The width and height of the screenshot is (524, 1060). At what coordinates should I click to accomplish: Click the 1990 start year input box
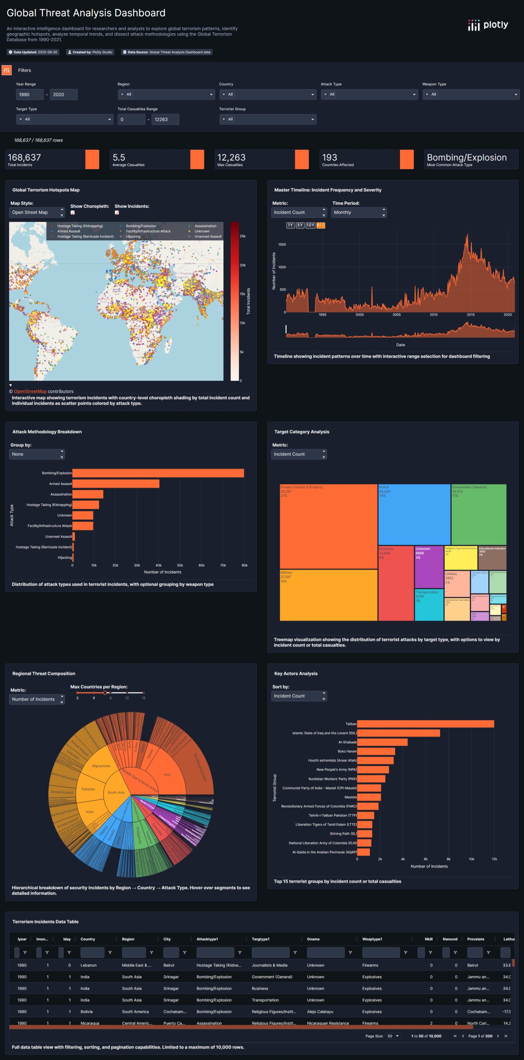click(x=29, y=95)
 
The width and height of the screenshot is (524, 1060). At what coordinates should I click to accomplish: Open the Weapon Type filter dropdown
click(x=471, y=95)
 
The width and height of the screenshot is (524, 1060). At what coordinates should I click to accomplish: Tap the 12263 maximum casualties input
click(x=165, y=119)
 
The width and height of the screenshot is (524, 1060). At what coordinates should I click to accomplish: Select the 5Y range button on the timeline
click(x=300, y=225)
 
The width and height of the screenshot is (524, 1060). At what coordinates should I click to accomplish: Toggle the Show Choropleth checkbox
click(x=72, y=213)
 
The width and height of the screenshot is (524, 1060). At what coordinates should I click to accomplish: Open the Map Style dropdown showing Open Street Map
click(x=37, y=212)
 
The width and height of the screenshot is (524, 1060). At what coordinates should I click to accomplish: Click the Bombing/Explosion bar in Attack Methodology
click(x=158, y=473)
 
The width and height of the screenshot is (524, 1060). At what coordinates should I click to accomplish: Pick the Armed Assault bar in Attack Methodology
click(x=115, y=484)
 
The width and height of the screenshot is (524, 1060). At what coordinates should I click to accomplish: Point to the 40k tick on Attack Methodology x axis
click(x=158, y=565)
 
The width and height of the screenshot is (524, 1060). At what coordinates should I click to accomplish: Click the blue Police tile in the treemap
click(x=414, y=514)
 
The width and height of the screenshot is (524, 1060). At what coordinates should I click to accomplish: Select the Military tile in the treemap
click(x=328, y=594)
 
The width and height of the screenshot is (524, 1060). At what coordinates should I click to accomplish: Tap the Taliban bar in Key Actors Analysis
click(x=425, y=724)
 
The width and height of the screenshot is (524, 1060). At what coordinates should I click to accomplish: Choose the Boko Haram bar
click(x=376, y=751)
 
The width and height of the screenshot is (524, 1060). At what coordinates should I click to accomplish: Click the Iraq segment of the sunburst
click(x=167, y=774)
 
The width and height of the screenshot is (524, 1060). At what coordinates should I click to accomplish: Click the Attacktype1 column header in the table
click(x=207, y=939)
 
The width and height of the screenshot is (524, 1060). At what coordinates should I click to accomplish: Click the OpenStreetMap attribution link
click(x=30, y=391)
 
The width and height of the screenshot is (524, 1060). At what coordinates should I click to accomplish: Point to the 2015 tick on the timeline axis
click(x=471, y=315)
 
